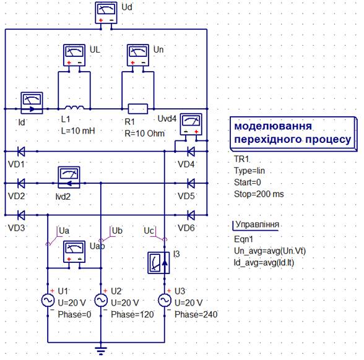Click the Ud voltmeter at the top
106,13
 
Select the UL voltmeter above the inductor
74,55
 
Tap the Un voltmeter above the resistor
138,55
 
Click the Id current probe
32,103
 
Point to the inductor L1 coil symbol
74,108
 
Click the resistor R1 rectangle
138,109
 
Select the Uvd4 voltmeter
191,124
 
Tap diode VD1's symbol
21,152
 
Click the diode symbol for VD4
191,152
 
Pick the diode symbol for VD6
191,215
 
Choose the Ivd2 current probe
69,177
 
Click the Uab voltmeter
74,252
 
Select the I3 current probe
158,263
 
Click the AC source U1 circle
48,301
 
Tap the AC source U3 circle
165,301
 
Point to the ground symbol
101,351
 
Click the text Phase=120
132,314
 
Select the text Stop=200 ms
259,194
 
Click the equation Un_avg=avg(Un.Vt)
270,251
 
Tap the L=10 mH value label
78,131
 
